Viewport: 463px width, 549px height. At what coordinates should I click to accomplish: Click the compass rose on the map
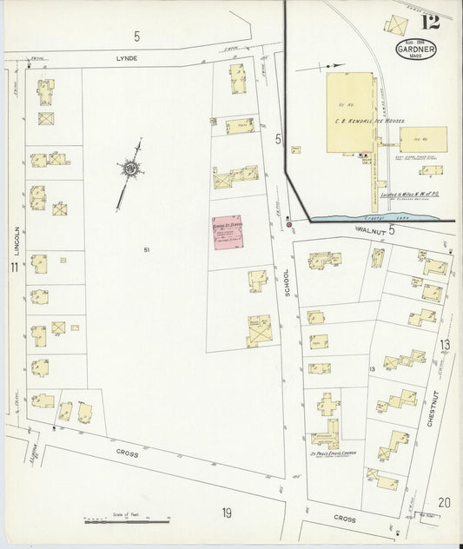coord(131,168)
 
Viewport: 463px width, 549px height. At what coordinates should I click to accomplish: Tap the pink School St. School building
coord(229,235)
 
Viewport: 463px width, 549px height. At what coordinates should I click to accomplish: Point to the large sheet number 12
coord(429,21)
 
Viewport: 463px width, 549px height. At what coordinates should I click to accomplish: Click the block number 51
coord(148,251)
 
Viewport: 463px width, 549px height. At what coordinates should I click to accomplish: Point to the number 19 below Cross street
coord(226,513)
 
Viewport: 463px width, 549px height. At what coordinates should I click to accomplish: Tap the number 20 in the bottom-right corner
coord(444,501)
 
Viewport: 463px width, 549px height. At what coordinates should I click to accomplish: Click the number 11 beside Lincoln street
coord(13,267)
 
